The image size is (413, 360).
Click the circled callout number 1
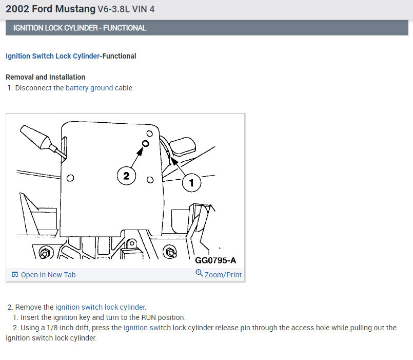coord(191,182)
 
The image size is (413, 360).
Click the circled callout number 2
coord(126,176)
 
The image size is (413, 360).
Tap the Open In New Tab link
coord(48,275)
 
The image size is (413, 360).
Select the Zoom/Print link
coord(223,275)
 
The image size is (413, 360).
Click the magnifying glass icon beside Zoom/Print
coord(199,273)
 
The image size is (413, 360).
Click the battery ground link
coord(89,88)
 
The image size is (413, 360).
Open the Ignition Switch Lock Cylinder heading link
coord(53,56)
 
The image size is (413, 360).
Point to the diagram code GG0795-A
coord(215,260)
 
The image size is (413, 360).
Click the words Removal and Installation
coord(46,77)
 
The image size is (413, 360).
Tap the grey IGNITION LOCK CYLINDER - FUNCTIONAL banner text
coord(80,28)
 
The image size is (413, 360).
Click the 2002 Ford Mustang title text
coord(51,9)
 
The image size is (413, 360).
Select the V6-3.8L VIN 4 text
coord(126,9)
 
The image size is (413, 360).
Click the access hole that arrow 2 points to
coord(145,143)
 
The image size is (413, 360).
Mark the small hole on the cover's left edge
coord(70,178)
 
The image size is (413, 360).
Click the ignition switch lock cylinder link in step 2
coord(101,307)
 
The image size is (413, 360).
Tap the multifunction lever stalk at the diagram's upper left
coord(43,142)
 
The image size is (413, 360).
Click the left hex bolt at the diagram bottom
coord(45,253)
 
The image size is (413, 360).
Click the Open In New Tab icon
coord(15,275)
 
